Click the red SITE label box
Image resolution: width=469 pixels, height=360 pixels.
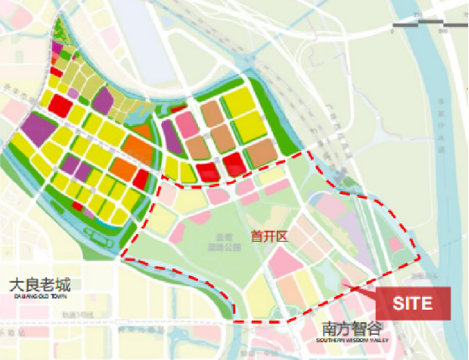point(418,302)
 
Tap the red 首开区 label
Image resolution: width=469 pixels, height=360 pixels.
point(269,237)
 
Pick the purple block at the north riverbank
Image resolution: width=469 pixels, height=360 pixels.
point(102,99)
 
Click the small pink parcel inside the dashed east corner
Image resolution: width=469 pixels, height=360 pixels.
point(395,245)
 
